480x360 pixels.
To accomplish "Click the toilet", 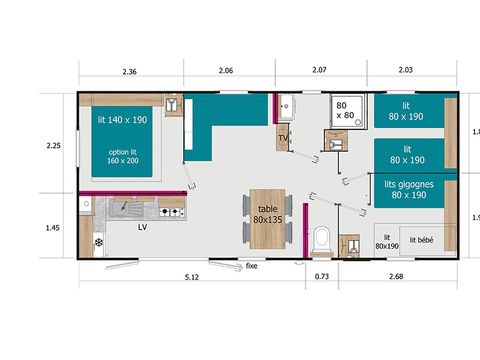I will pos(322,241).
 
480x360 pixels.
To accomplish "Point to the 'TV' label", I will pos(282,139).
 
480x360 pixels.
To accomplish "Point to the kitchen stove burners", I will pos(171,207).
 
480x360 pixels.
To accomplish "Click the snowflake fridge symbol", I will pos(99,243).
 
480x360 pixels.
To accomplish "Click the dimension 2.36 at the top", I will pos(129,71).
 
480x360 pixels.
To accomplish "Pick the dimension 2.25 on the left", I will pos(54,146).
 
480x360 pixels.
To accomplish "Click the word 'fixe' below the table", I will pos(252,267).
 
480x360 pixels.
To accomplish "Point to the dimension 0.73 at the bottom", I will pos(322,275).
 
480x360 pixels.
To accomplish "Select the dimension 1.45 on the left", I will pos(54,228).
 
